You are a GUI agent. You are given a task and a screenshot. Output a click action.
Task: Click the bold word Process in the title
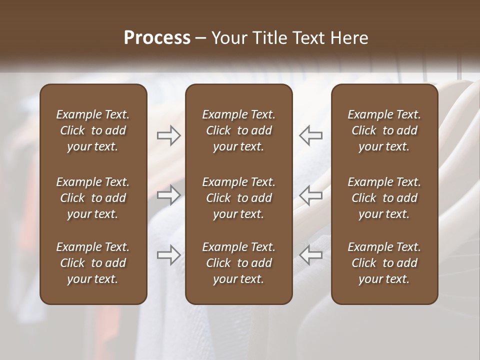click(157, 38)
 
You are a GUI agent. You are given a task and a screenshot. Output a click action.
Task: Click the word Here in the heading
click(349, 38)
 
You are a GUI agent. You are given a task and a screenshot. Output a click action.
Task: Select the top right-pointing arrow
click(168, 135)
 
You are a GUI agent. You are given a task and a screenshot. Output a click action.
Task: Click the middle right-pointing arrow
click(168, 195)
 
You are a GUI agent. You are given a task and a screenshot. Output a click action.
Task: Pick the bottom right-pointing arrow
click(168, 255)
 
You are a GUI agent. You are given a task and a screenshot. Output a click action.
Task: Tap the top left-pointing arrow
click(310, 135)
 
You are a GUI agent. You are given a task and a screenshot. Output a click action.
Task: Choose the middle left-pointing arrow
click(310, 195)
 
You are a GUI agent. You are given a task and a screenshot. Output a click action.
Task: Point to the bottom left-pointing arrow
click(310, 255)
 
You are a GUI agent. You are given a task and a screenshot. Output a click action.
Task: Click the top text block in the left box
click(93, 130)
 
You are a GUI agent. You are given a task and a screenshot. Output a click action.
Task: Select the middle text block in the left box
click(93, 198)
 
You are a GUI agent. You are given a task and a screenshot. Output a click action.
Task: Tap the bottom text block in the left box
click(93, 263)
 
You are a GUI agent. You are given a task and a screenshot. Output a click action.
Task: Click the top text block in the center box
click(239, 130)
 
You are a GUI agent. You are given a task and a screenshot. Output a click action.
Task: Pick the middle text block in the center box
click(239, 198)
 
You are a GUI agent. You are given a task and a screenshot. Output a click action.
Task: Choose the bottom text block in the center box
click(239, 263)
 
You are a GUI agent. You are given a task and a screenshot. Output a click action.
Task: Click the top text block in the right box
click(384, 130)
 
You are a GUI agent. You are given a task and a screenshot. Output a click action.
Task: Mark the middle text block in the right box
click(384, 198)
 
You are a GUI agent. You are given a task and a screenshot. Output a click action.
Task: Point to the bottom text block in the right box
click(384, 263)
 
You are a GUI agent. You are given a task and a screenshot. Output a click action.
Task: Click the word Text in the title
click(308, 38)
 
